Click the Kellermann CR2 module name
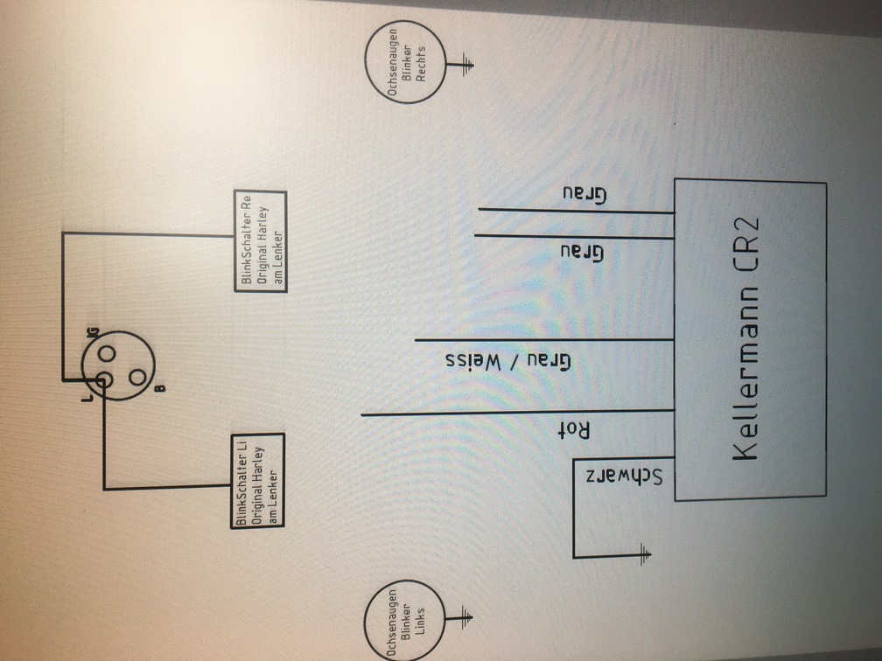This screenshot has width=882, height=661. coord(745,342)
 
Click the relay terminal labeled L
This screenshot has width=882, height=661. coord(103,380)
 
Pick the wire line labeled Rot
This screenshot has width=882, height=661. coord(516,413)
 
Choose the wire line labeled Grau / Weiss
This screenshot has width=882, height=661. coord(542,340)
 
